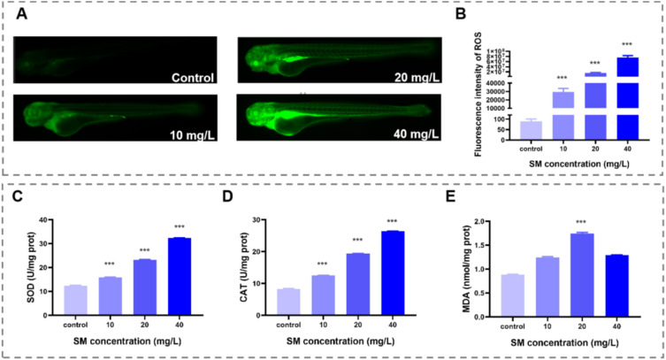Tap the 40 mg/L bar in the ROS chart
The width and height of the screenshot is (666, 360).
627,97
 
